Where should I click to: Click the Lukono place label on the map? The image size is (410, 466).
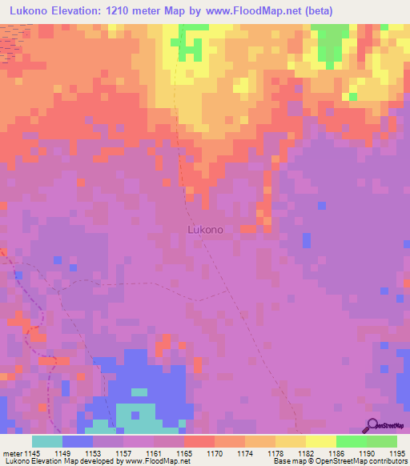[x=205, y=229]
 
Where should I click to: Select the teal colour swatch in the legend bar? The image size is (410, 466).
[x=46, y=441]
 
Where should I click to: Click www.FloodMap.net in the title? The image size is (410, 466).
[x=247, y=10]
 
